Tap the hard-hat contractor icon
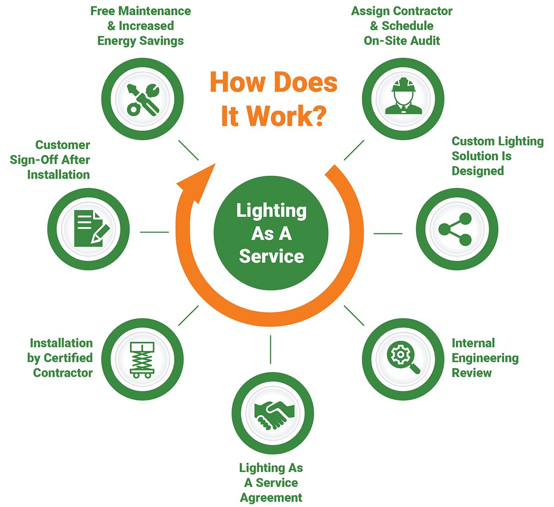coord(403,98)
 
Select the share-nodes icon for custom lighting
coord(457,229)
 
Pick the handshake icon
coord(273,413)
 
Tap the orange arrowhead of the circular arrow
coord(197,182)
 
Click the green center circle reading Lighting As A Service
coord(271,233)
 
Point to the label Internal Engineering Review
coord(485,358)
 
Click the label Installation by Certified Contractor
coord(60,358)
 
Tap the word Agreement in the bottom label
coord(271,498)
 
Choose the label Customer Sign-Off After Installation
coord(50,160)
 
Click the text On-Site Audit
coord(402,41)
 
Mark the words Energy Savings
coord(140,41)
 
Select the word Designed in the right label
coord(477,171)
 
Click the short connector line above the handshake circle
coord(271,349)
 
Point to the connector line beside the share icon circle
coord(388,233)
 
